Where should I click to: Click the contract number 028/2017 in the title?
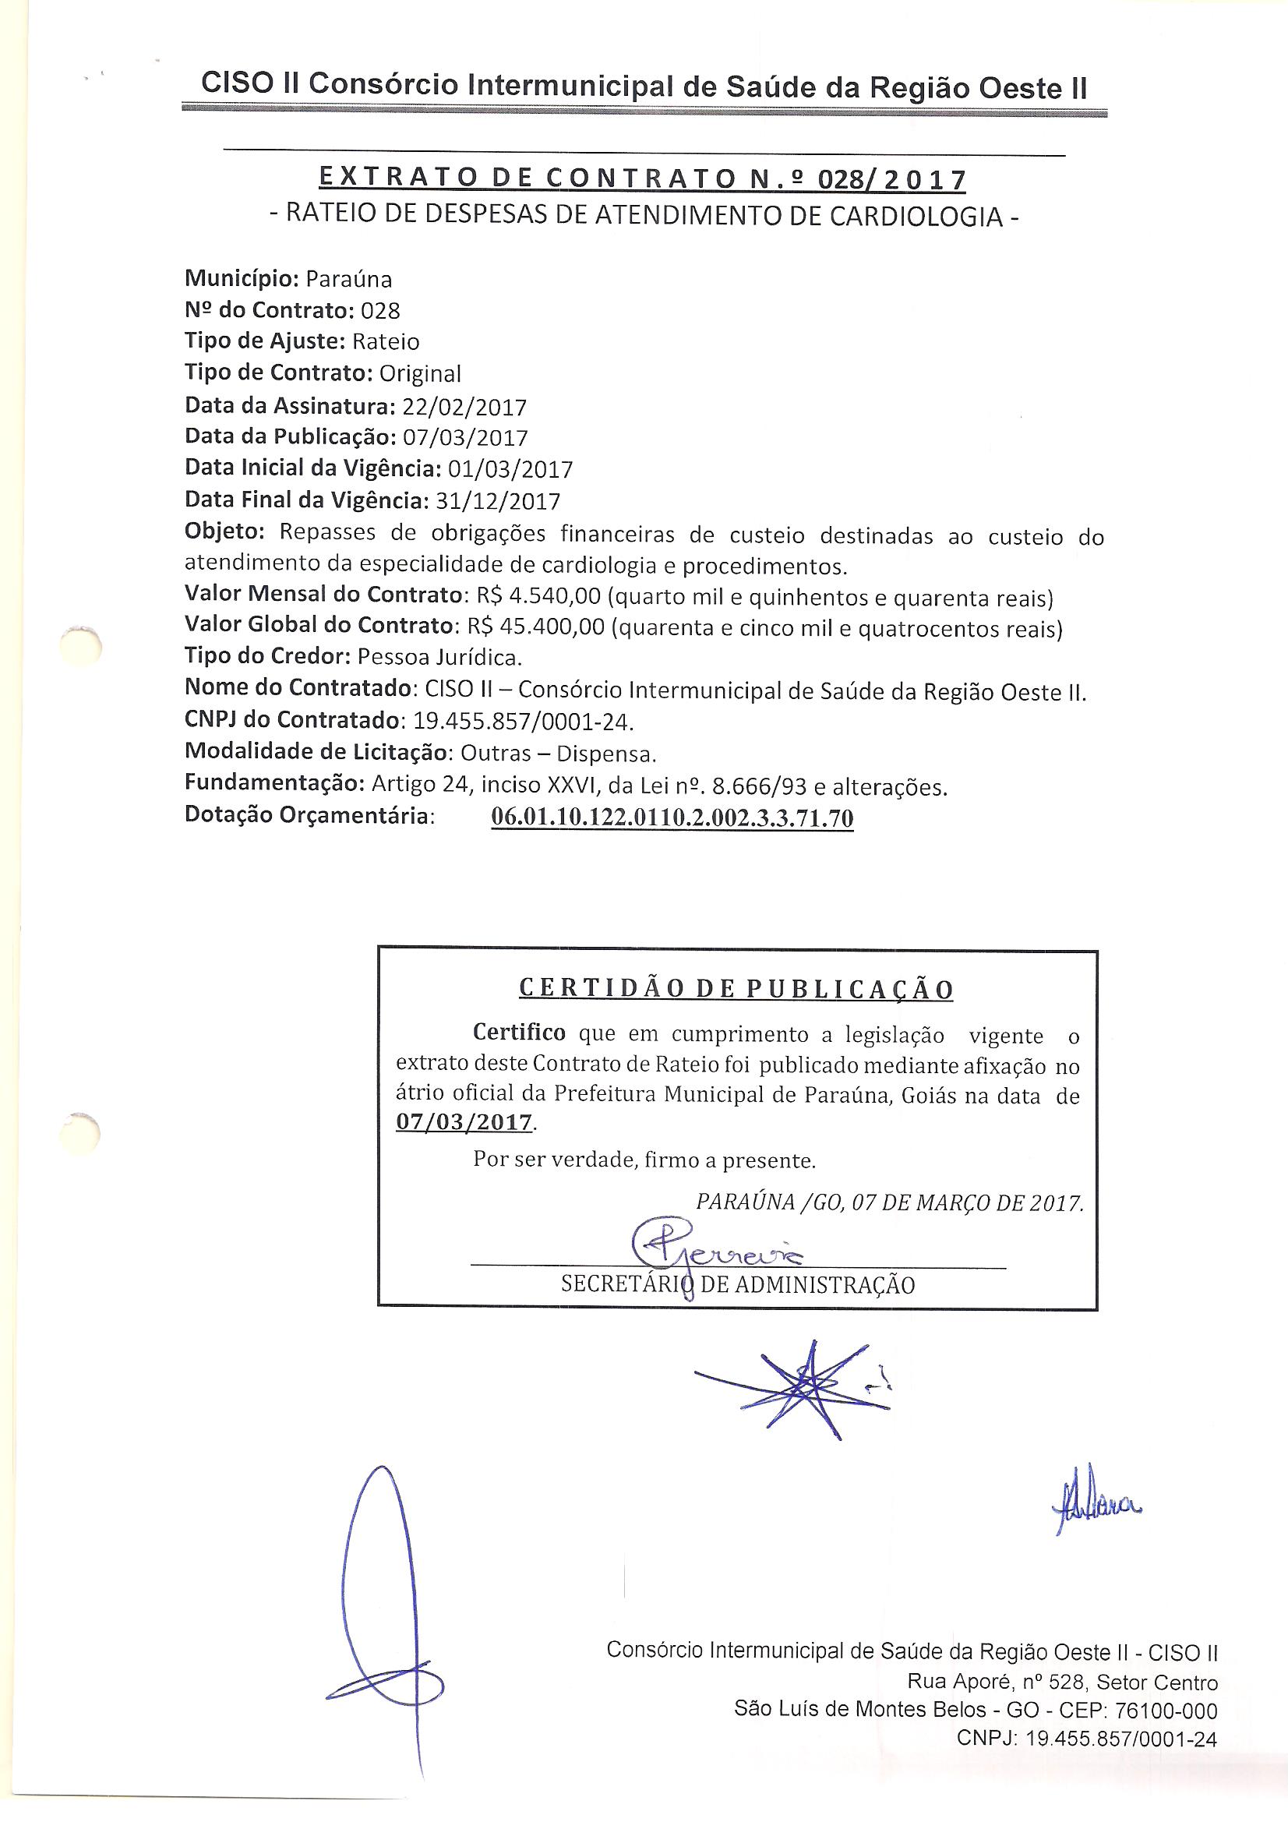click(x=891, y=181)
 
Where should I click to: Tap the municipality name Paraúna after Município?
click(x=348, y=279)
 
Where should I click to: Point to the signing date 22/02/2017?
click(x=464, y=407)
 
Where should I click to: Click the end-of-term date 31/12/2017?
click(x=498, y=502)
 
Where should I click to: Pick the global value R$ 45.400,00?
click(x=535, y=627)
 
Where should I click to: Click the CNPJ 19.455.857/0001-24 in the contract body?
click(x=520, y=722)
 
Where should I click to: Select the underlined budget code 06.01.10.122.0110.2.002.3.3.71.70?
click(x=672, y=817)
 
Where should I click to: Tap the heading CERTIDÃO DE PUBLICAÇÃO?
click(x=736, y=990)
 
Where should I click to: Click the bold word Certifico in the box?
click(x=519, y=1033)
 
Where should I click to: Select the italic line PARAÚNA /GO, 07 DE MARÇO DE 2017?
click(x=889, y=1203)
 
